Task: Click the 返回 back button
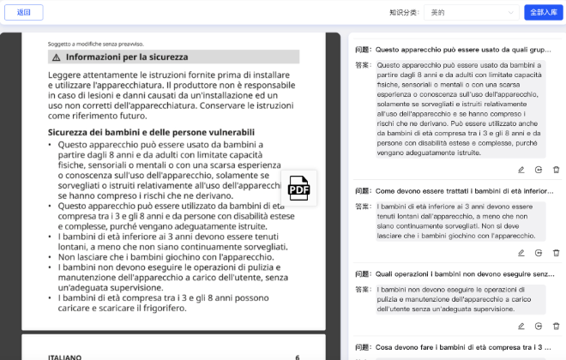pos(24,12)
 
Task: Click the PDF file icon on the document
pos(298,189)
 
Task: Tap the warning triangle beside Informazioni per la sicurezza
pos(56,57)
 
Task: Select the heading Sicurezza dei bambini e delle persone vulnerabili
pos(151,132)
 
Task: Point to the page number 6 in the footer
pos(298,357)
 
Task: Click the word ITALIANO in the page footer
pos(64,357)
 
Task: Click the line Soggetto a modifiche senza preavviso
pos(95,43)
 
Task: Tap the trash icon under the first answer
pos(556,170)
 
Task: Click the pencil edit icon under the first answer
pos(521,170)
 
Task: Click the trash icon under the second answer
pos(556,253)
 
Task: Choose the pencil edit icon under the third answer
pos(521,326)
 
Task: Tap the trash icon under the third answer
pos(556,326)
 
